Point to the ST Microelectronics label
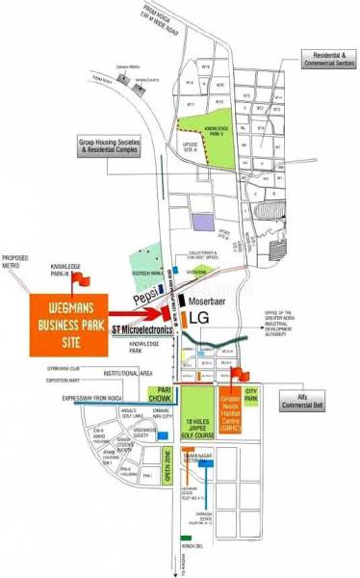tap(143, 329)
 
